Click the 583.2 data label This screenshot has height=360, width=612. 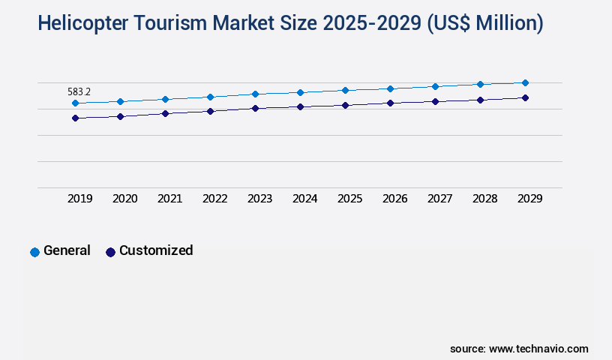(79, 91)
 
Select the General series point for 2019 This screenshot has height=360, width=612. (75, 103)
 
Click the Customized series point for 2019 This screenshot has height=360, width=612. (75, 118)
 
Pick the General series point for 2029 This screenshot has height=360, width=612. (525, 82)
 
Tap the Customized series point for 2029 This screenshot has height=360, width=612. (525, 97)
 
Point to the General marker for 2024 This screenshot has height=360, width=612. (300, 92)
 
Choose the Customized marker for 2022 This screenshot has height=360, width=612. (210, 111)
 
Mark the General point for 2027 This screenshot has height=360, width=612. (435, 86)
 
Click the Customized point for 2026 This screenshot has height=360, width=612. (390, 103)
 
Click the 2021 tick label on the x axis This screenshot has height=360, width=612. (169, 199)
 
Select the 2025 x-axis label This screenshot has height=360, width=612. (349, 199)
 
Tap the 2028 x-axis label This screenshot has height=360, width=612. (484, 199)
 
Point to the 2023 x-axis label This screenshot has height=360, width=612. (259, 199)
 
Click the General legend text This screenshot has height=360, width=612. (67, 250)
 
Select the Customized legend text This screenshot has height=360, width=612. (156, 250)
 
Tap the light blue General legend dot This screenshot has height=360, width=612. (34, 252)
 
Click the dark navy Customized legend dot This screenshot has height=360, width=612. (110, 252)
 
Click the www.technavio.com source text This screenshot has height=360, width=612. (538, 349)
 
